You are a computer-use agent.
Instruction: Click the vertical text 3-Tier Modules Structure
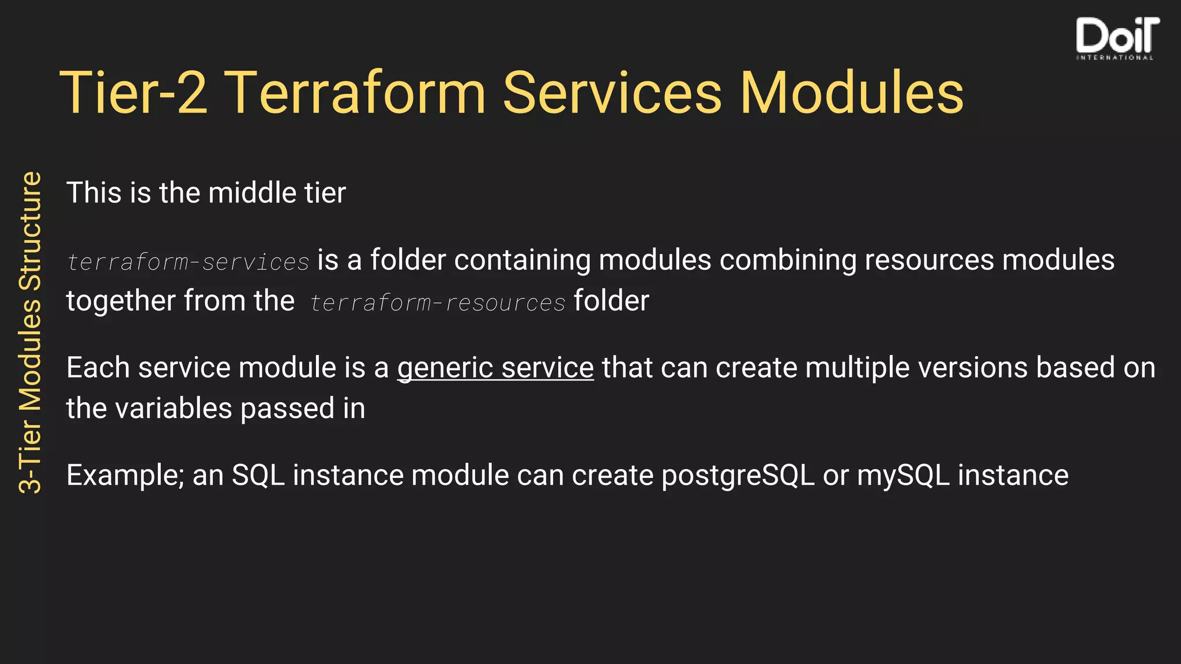pos(30,333)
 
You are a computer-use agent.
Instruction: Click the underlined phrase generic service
pos(495,368)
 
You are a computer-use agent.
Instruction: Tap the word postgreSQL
pos(738,476)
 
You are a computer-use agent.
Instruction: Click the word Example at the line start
pos(124,476)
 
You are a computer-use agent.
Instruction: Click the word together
pos(121,301)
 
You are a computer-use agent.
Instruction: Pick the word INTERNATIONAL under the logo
pos(1115,58)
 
